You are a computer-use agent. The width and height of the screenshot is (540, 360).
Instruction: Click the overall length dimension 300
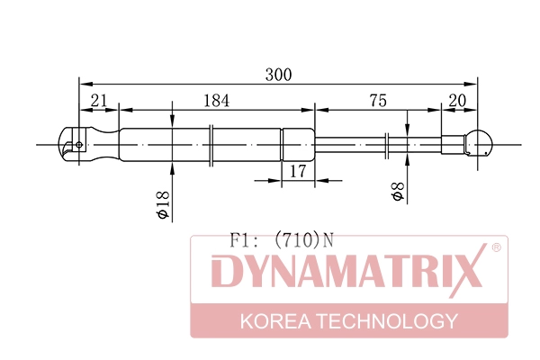[x=278, y=76]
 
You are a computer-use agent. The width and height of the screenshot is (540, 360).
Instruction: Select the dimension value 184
[x=216, y=102]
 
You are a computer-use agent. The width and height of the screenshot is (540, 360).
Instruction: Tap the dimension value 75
[x=377, y=102]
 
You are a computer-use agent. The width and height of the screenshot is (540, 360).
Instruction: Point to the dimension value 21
[x=99, y=102]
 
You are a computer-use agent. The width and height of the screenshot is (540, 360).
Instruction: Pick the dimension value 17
[x=296, y=169]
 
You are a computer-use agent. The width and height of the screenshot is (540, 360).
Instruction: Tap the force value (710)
[x=300, y=240]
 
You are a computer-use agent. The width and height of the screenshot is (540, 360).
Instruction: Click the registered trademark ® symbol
[x=496, y=247]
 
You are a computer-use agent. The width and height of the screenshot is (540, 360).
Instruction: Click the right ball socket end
[x=480, y=144]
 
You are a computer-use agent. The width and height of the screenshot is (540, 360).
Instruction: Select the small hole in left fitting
[x=79, y=144]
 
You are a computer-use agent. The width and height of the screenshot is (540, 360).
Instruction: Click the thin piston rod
[x=360, y=144]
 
